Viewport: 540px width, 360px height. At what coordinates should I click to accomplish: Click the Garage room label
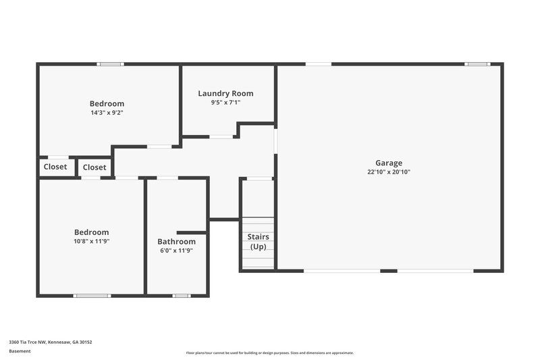[389, 163]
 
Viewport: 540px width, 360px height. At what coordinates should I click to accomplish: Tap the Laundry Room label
[225, 93]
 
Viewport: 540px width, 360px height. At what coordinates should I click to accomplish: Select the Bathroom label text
[176, 242]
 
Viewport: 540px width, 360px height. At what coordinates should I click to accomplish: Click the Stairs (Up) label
[259, 242]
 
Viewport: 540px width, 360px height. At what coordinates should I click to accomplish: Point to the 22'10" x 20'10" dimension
[389, 172]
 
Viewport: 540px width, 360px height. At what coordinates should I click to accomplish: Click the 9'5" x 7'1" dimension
[225, 103]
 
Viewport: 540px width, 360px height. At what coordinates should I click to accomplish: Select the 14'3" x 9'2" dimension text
[107, 113]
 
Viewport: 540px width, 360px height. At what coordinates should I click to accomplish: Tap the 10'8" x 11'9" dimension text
[91, 241]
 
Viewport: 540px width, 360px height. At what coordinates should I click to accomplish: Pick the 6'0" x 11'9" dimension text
[176, 251]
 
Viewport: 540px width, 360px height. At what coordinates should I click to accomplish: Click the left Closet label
[55, 167]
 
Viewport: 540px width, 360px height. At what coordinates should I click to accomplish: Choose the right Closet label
[94, 168]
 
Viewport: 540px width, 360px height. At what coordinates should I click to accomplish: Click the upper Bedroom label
[107, 103]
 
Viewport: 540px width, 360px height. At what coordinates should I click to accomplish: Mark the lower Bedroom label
[91, 232]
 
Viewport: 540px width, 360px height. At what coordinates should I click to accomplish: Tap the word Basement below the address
[20, 351]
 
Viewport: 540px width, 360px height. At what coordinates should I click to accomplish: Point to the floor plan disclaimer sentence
[269, 353]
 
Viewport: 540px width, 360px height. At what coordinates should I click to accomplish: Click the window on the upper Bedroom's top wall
[110, 64]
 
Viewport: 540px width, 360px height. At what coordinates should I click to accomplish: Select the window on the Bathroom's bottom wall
[181, 295]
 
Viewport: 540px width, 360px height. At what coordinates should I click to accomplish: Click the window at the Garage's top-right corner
[477, 64]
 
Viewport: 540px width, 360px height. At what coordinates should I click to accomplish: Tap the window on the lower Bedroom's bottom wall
[92, 295]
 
